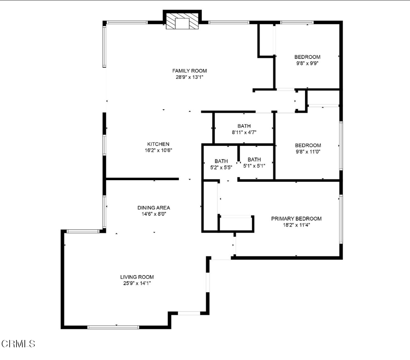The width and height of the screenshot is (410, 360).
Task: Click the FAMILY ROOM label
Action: tap(189, 70)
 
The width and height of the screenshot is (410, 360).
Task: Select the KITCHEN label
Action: tap(158, 144)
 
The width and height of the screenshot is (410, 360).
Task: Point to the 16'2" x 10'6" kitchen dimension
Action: tap(158, 150)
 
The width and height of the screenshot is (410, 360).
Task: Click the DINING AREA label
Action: tap(154, 207)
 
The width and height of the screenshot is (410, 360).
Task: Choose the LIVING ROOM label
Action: tap(137, 277)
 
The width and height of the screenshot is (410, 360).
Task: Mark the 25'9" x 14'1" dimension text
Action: tap(137, 283)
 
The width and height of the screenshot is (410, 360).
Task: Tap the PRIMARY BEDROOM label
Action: tap(296, 219)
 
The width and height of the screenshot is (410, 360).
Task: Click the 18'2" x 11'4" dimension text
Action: tap(296, 225)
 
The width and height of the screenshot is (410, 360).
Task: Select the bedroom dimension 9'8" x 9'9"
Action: tap(307, 63)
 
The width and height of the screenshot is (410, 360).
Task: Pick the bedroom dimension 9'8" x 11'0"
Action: tap(308, 152)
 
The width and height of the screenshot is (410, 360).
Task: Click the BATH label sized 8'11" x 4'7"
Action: tap(244, 126)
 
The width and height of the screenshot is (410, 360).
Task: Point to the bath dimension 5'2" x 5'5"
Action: tap(221, 167)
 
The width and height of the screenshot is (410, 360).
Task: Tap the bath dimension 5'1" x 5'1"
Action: tap(254, 166)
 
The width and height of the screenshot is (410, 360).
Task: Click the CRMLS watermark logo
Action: tap(18, 344)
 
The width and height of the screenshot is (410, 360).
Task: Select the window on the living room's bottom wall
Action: tap(113, 327)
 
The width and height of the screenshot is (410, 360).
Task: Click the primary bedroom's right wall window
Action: tap(341, 219)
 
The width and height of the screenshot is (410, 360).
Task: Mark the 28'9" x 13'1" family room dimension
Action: tap(189, 77)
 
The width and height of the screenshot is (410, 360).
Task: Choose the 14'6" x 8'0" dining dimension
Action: tap(154, 214)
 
